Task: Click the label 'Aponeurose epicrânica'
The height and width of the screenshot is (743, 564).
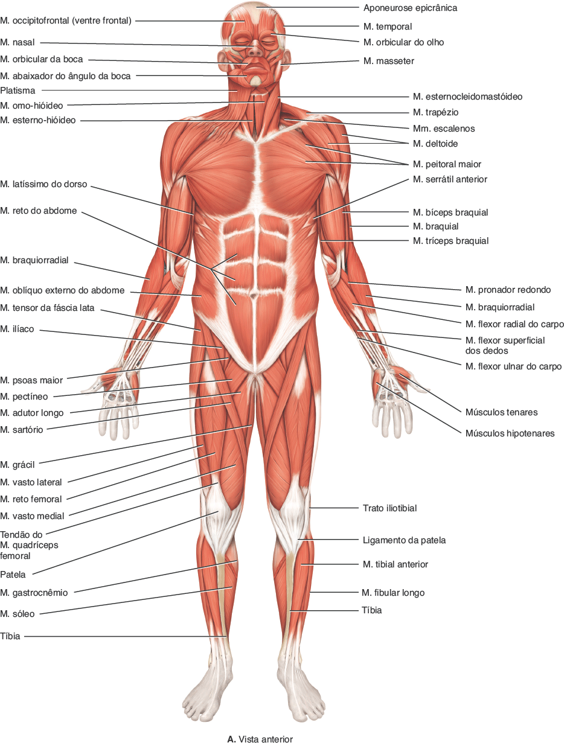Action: [410, 8]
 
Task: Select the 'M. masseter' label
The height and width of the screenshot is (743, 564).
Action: [389, 61]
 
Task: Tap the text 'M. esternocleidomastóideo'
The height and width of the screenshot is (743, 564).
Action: [468, 97]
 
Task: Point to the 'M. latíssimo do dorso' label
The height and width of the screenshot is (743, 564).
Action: [44, 183]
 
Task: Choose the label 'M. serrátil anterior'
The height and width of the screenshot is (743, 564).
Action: [450, 179]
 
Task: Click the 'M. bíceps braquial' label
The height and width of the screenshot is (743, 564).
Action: [450, 212]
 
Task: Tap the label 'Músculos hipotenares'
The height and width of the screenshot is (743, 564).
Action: [510, 433]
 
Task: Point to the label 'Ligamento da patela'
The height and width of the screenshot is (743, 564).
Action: [404, 540]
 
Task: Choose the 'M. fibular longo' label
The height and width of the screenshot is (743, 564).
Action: [393, 593]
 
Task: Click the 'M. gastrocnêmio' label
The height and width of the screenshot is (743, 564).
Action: [34, 593]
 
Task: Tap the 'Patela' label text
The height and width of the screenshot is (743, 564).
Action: [13, 575]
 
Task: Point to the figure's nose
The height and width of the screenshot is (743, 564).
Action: [254, 46]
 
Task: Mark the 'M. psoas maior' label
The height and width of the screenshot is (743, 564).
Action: [31, 381]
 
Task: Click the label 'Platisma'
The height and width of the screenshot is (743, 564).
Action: [18, 91]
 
